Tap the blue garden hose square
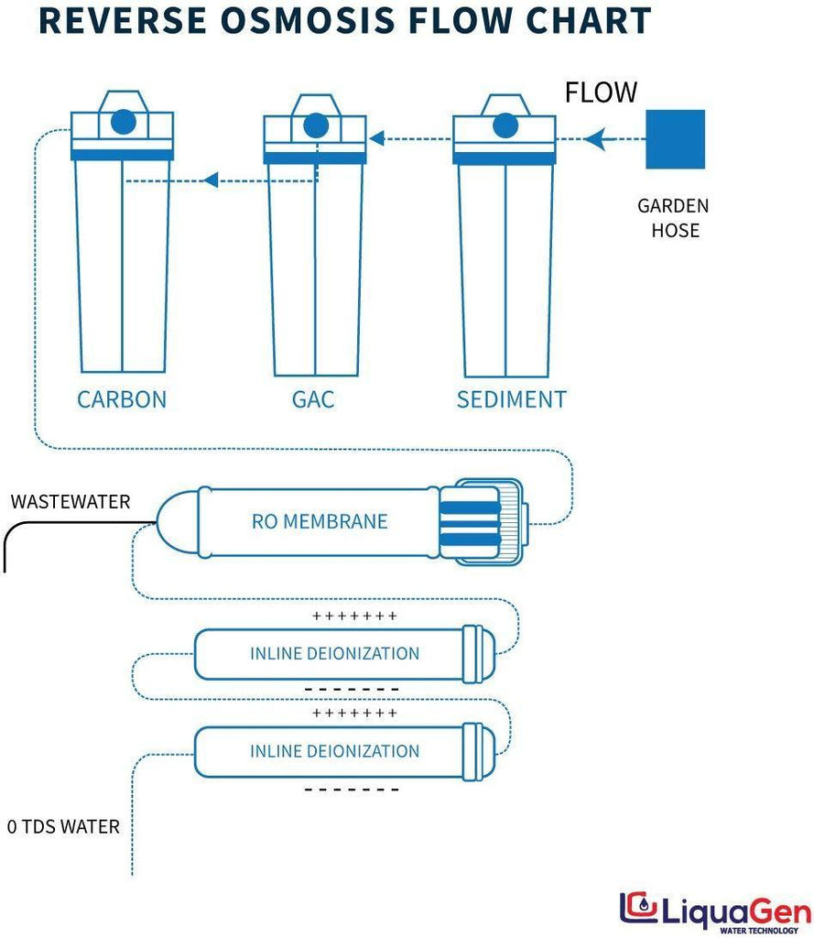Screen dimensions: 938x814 point(675,139)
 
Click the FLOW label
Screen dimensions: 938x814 point(601,93)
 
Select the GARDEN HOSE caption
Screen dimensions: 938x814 point(673,218)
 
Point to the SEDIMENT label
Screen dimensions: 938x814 point(511,399)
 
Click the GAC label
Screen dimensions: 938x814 point(313,399)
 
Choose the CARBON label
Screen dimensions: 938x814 point(122,399)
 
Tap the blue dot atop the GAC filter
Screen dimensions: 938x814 point(314,124)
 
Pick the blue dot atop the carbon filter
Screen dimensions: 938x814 point(123,121)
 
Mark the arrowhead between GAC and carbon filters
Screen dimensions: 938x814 point(210,180)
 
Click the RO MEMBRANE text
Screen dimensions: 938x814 point(320,521)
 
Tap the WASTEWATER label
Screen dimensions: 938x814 point(71,502)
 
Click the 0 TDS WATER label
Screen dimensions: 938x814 point(63,826)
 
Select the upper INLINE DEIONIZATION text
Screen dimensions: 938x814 point(334,653)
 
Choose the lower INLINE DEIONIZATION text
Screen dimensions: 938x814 point(334,751)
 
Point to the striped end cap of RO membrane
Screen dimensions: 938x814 point(469,521)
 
